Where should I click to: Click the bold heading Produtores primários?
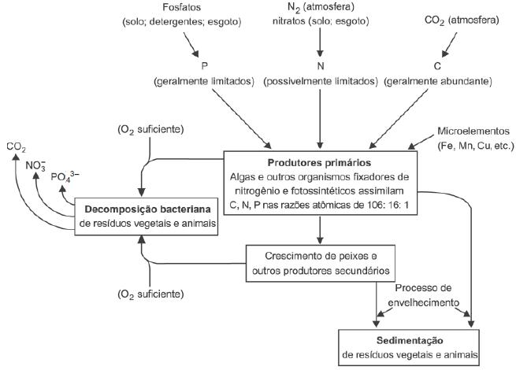point(319,163)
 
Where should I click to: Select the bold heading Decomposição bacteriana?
point(148,209)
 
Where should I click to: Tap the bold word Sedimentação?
point(410,340)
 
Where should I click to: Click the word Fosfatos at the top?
point(182,7)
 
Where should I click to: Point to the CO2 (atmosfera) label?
point(462,20)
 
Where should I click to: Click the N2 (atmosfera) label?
point(321,7)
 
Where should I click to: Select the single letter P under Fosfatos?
point(204,66)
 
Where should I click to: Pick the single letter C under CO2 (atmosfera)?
point(437,66)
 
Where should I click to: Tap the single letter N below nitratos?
point(321,66)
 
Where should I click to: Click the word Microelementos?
point(473,131)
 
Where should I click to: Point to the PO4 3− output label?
point(65,177)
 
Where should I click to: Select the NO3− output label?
point(35,165)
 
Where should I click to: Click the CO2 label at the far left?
point(16,147)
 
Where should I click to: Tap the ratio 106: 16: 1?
point(388,205)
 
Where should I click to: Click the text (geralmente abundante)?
point(438,82)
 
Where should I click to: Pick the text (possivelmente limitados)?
point(321,82)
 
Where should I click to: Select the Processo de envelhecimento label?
point(424,295)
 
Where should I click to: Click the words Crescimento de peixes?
point(321,256)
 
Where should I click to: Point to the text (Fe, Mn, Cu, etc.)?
point(476,146)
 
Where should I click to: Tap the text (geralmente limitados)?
point(204,82)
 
